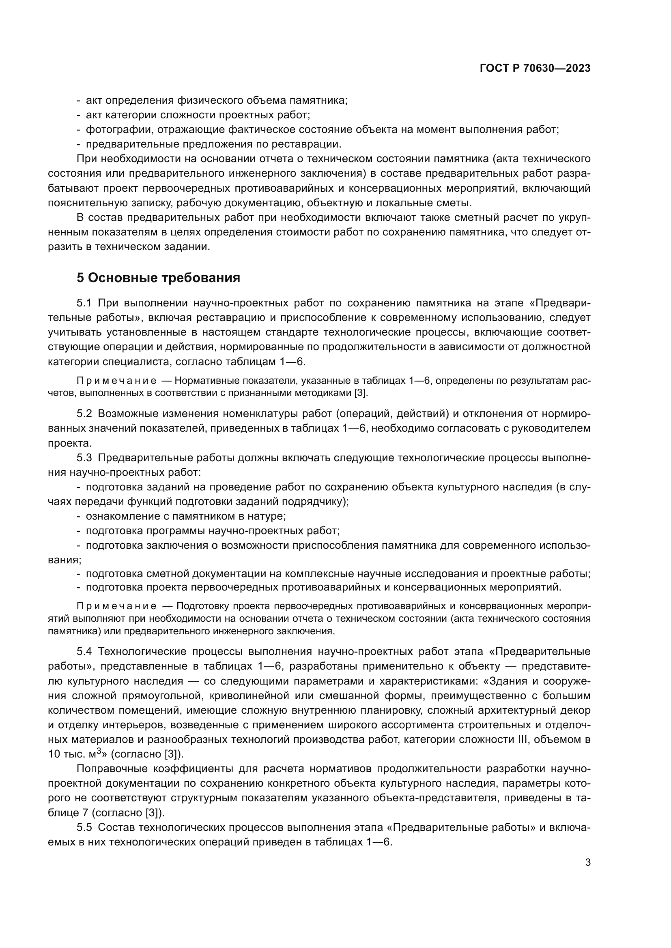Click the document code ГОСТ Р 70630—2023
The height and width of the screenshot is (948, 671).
tap(535, 68)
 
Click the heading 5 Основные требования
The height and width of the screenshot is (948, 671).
tap(158, 278)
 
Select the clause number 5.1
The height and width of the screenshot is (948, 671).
tap(84, 303)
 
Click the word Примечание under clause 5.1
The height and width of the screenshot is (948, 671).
tap(116, 381)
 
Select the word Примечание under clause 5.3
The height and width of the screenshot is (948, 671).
tap(116, 606)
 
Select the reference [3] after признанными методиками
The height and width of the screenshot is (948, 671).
tap(360, 393)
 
